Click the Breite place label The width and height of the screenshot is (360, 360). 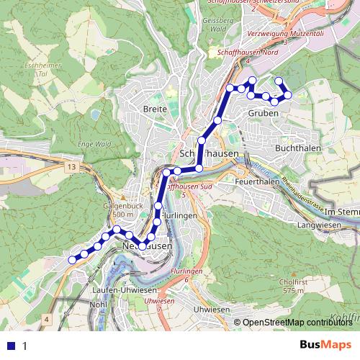(x=155, y=109)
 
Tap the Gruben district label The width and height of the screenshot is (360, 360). (x=263, y=113)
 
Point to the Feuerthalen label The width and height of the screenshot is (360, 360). (x=257, y=183)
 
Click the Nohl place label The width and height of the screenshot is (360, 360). (x=98, y=304)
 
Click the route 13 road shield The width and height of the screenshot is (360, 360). (x=69, y=167)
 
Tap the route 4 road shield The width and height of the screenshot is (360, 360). (x=47, y=318)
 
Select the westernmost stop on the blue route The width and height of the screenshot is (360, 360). (x=71, y=260)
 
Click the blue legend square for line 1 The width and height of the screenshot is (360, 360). (x=10, y=346)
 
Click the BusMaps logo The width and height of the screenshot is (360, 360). (x=325, y=345)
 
